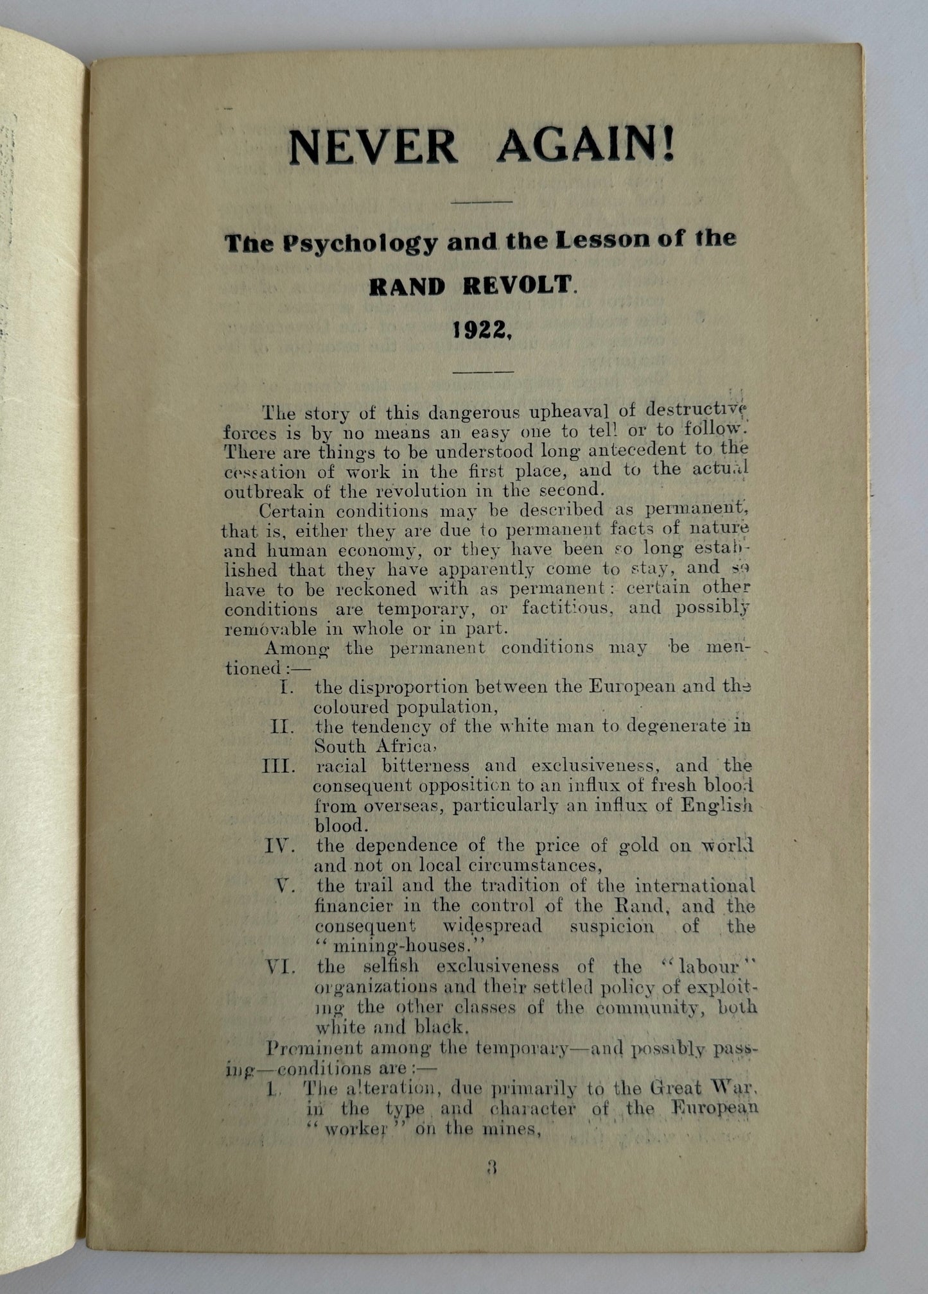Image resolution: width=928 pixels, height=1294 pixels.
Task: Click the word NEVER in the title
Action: (372, 147)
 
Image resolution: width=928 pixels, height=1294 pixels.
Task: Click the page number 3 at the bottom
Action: (493, 1167)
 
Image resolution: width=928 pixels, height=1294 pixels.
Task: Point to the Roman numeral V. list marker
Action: (286, 886)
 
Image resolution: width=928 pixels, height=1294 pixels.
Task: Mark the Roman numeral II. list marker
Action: (283, 727)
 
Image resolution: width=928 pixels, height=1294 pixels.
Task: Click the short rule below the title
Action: (482, 202)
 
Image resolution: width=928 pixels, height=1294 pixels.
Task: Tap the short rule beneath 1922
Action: (483, 371)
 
